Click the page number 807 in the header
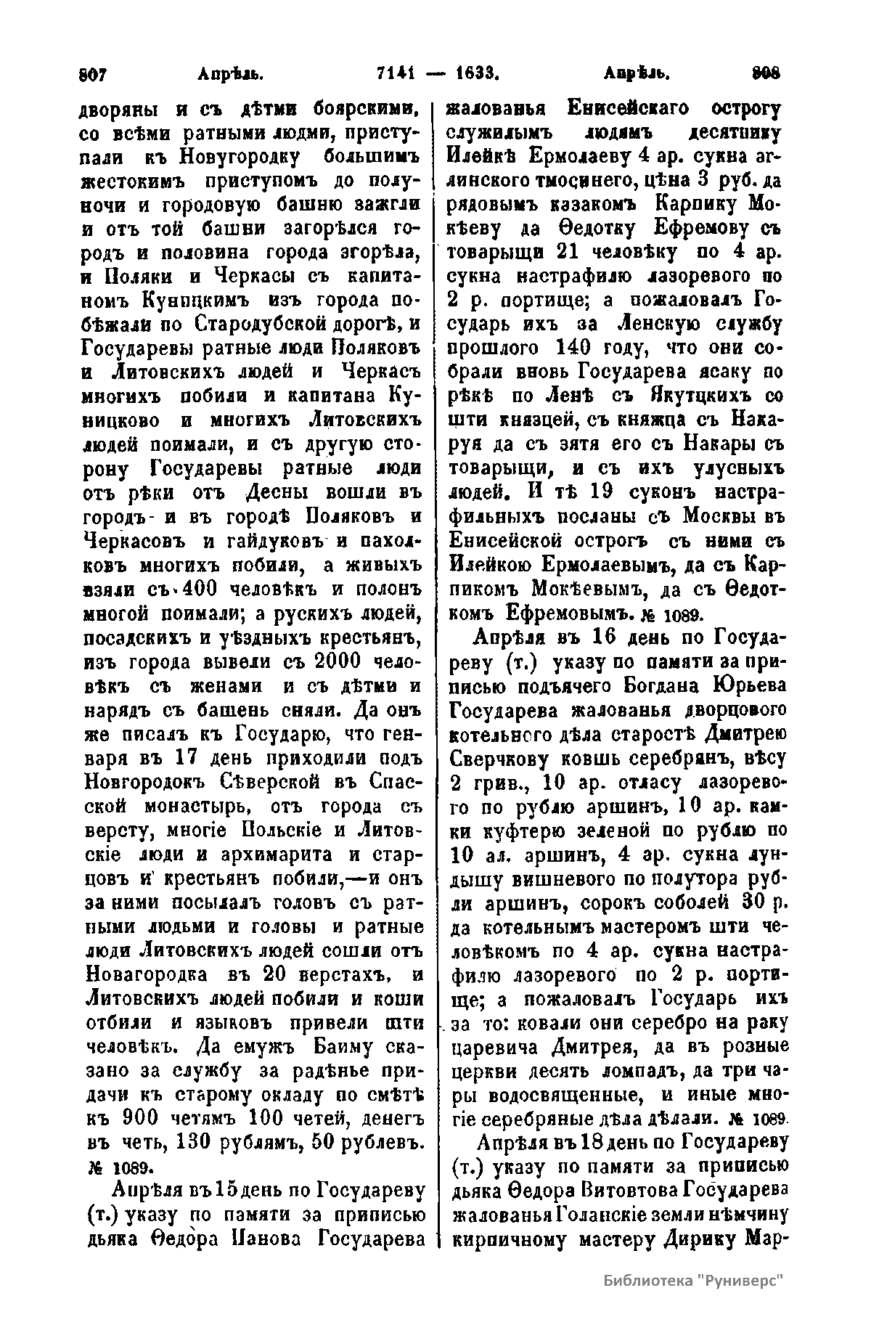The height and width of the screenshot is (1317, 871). click(93, 73)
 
